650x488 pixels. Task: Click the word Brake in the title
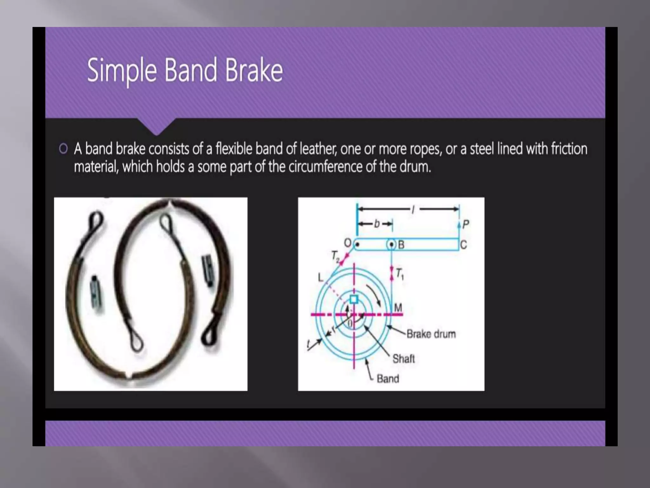pyautogui.click(x=254, y=70)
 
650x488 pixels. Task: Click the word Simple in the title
pyautogui.click(x=122, y=71)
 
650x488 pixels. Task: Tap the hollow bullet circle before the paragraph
pyautogui.click(x=63, y=149)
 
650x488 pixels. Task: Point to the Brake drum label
pyautogui.click(x=431, y=334)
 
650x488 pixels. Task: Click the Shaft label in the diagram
pyautogui.click(x=403, y=359)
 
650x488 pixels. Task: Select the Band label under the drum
pyautogui.click(x=388, y=379)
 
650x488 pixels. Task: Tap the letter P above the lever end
pyautogui.click(x=465, y=225)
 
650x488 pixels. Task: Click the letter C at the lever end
pyautogui.click(x=463, y=245)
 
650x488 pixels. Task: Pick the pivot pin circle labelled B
pyautogui.click(x=391, y=245)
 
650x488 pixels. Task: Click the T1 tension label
pyautogui.click(x=399, y=273)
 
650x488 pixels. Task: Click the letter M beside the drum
pyautogui.click(x=398, y=307)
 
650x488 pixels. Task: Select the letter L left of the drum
pyautogui.click(x=321, y=278)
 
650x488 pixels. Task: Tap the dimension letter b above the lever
pyautogui.click(x=377, y=224)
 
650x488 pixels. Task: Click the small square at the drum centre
pyautogui.click(x=354, y=299)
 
